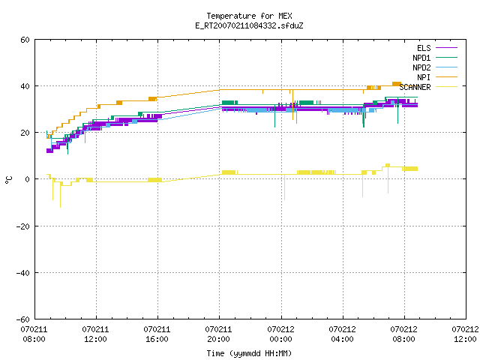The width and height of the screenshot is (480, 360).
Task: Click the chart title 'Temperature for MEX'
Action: tap(249, 16)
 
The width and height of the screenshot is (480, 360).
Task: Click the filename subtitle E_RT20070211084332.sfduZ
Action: tap(249, 25)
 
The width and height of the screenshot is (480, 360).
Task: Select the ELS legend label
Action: tap(424, 48)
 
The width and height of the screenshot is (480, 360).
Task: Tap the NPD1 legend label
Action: tap(421, 58)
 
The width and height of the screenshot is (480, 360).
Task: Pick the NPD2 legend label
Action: tap(421, 67)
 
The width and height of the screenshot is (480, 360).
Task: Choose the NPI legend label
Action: tap(424, 77)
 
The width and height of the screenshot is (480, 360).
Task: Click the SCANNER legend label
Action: tap(415, 87)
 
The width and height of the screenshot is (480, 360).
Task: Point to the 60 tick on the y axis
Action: tap(25, 40)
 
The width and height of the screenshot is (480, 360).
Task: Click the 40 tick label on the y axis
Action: tap(25, 86)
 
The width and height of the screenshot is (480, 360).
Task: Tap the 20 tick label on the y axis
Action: tap(25, 133)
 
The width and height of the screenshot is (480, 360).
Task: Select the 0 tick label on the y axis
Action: tap(27, 179)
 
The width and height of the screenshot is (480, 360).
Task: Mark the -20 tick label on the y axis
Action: tap(23, 226)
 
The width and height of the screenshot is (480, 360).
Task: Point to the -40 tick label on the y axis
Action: tap(23, 273)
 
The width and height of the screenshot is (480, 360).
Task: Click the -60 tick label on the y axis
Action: tap(23, 319)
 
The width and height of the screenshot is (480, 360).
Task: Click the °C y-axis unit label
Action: tap(8, 180)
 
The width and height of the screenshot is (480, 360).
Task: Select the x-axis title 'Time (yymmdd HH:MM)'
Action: tap(249, 353)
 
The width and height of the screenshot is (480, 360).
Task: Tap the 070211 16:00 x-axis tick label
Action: tap(157, 334)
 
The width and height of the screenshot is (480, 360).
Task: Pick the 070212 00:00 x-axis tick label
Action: tap(280, 334)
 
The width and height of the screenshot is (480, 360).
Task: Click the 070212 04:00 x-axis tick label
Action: tap(342, 334)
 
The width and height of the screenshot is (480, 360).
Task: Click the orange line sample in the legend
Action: tap(447, 76)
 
